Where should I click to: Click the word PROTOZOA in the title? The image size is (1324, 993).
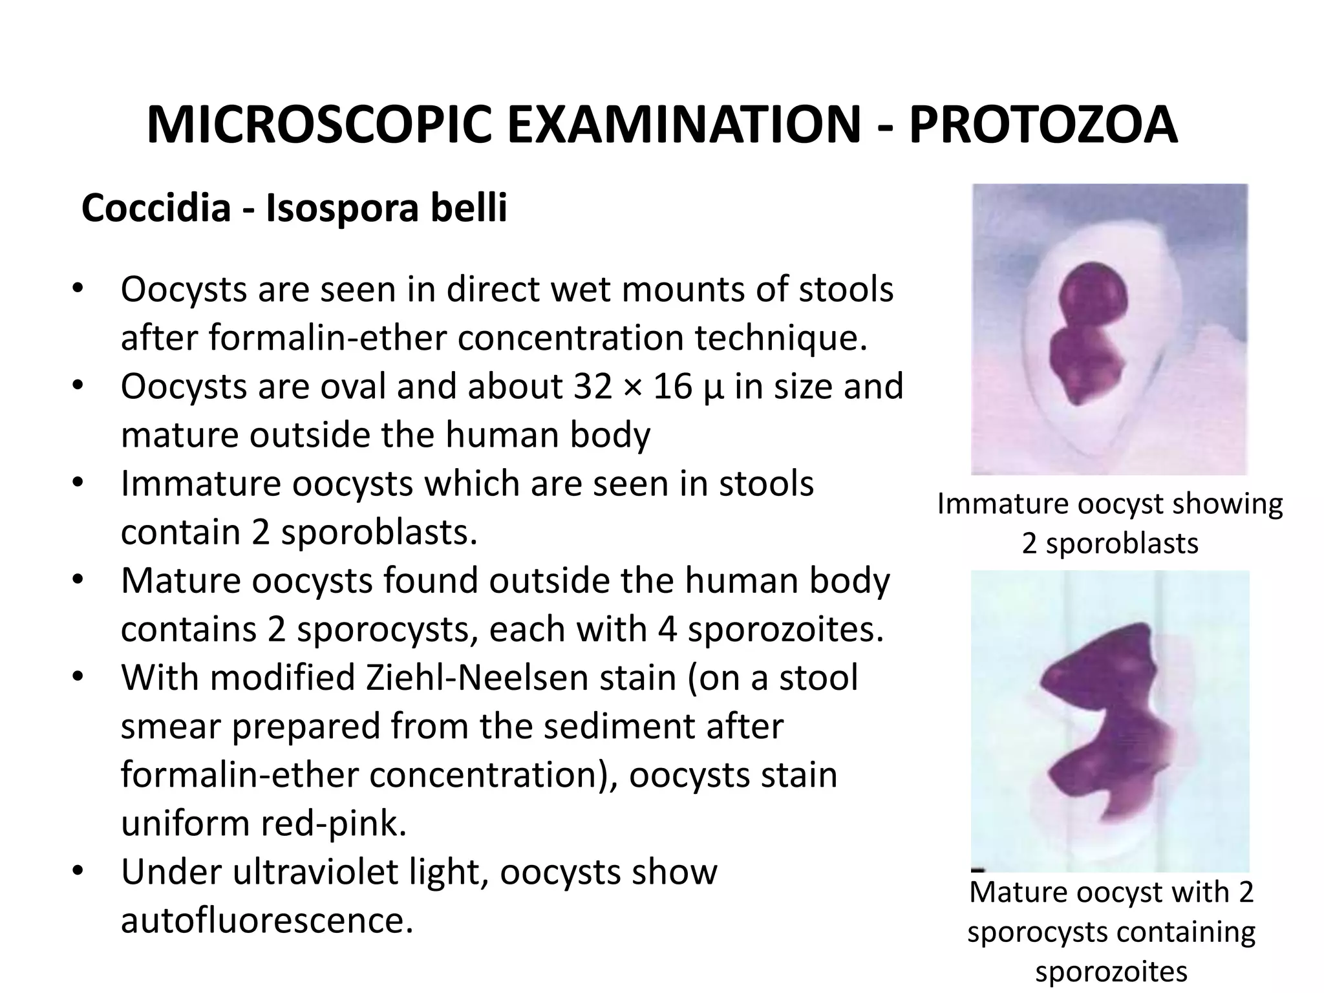coord(1043,125)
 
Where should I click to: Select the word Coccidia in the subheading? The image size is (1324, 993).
coord(156,208)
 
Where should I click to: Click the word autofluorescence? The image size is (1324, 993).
coord(266,920)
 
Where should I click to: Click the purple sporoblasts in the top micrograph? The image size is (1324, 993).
coord(1091,336)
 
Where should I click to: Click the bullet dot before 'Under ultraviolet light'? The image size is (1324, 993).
coord(78,871)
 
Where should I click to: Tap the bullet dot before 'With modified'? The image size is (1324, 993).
coord(78,678)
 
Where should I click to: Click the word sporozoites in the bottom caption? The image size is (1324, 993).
coord(1111,972)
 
